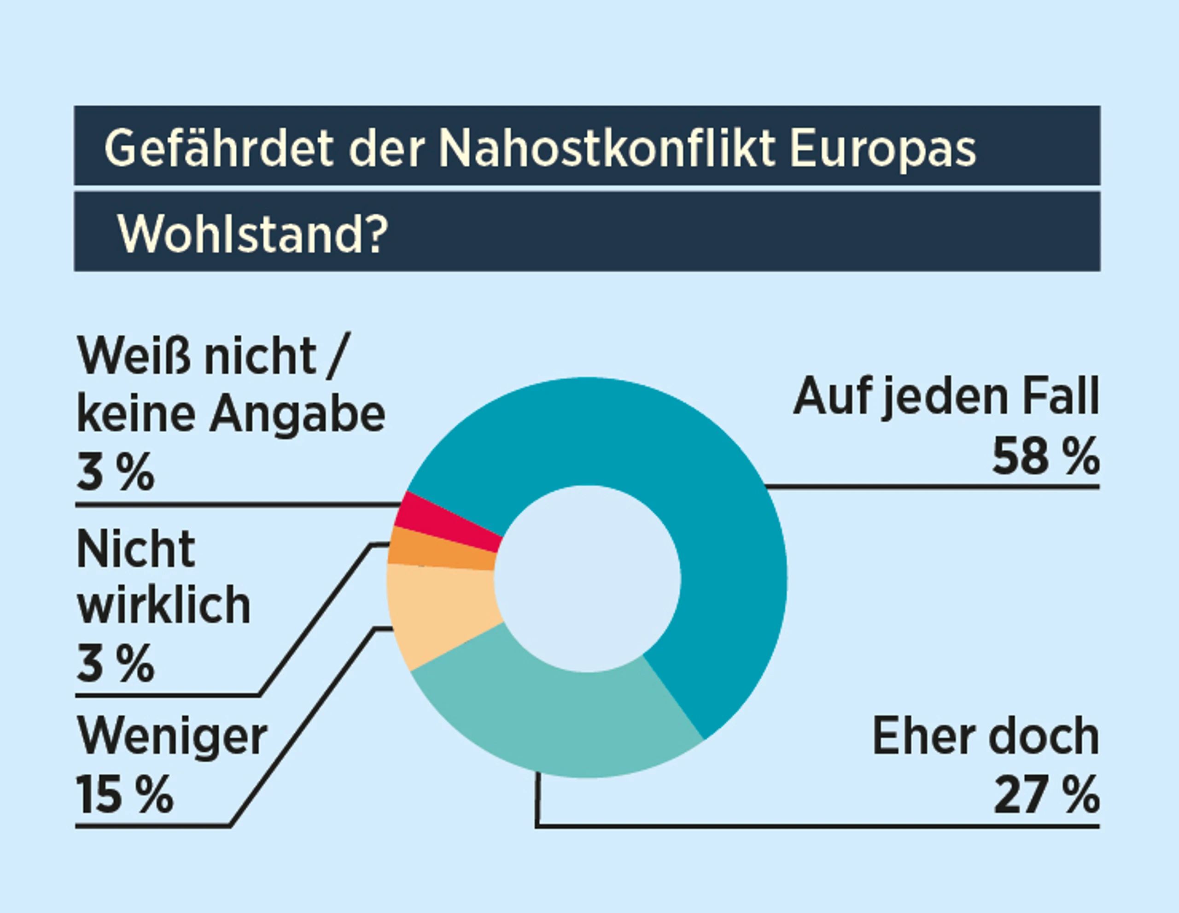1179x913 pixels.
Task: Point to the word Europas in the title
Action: pos(882,148)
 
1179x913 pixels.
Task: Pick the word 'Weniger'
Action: pos(172,738)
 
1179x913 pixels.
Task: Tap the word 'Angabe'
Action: pos(298,416)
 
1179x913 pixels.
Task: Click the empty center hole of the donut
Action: pos(587,578)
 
